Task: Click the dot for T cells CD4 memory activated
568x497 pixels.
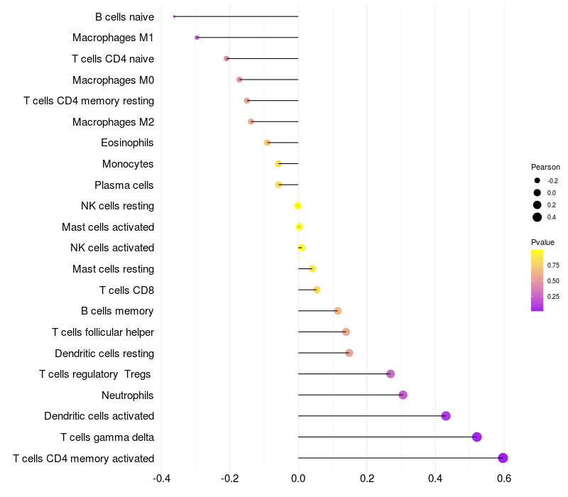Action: (x=503, y=458)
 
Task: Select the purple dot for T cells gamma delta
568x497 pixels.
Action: (x=476, y=437)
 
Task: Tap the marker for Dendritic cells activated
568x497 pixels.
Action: (x=446, y=416)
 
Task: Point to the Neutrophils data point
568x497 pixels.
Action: (x=403, y=395)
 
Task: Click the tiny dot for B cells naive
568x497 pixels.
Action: (x=174, y=16)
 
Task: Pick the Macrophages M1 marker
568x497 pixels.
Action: (x=197, y=38)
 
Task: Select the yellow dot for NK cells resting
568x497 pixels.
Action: (x=297, y=206)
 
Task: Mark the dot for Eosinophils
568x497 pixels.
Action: (x=267, y=143)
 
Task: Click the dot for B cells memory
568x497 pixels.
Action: (x=338, y=311)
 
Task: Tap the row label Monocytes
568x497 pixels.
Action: (x=128, y=164)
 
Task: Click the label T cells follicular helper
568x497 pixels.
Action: (x=103, y=332)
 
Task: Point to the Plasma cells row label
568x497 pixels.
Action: (x=124, y=185)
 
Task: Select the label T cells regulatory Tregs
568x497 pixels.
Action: (x=95, y=374)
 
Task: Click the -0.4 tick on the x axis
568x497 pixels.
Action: (x=161, y=479)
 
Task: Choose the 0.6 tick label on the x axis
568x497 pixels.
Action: (x=504, y=479)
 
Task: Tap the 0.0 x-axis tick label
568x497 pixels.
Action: (x=298, y=479)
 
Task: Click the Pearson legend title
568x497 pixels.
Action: (x=545, y=167)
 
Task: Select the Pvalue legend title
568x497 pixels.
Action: (x=542, y=242)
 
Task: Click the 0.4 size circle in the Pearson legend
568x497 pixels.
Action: (x=537, y=217)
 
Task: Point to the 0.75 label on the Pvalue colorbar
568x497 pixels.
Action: (x=553, y=265)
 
